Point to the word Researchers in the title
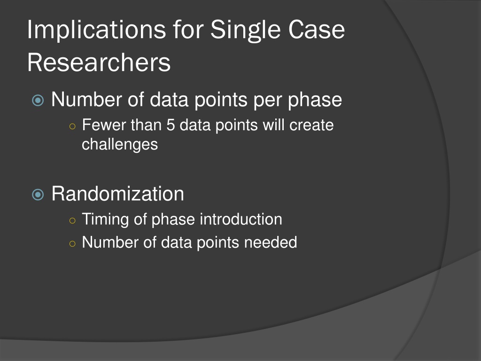[99, 63]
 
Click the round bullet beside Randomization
[38, 194]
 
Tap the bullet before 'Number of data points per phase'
[38, 101]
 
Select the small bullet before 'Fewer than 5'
[72, 126]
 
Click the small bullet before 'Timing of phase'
[72, 220]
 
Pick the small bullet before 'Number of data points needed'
[72, 244]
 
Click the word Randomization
[118, 194]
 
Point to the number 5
[171, 125]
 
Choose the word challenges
[120, 145]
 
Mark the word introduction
[241, 219]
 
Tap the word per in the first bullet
[268, 101]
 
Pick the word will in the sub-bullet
[274, 125]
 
